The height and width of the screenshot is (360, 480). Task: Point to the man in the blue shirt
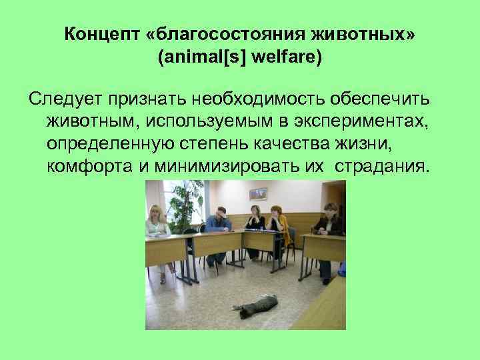click(x=217, y=220)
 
